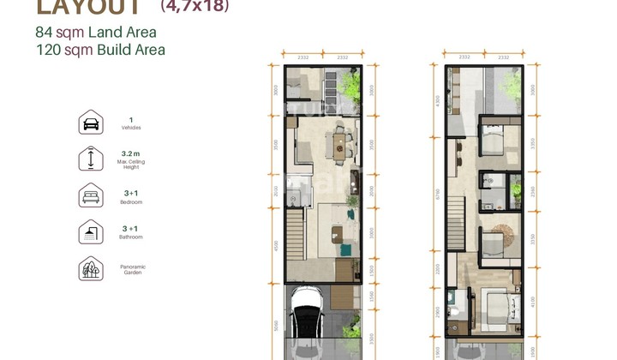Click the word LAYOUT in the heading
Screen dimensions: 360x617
[x=89, y=8]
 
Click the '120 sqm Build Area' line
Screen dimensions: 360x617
[x=100, y=50]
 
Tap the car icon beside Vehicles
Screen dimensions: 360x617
[x=90, y=123]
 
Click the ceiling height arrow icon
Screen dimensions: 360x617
[x=90, y=159]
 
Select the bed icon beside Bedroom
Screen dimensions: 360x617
[x=90, y=195]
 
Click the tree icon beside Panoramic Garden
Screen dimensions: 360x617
[x=90, y=269]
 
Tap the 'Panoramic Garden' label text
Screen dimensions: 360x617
[x=132, y=270]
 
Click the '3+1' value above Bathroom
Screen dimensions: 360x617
[x=130, y=228]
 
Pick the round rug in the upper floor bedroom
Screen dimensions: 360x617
[x=500, y=231]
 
